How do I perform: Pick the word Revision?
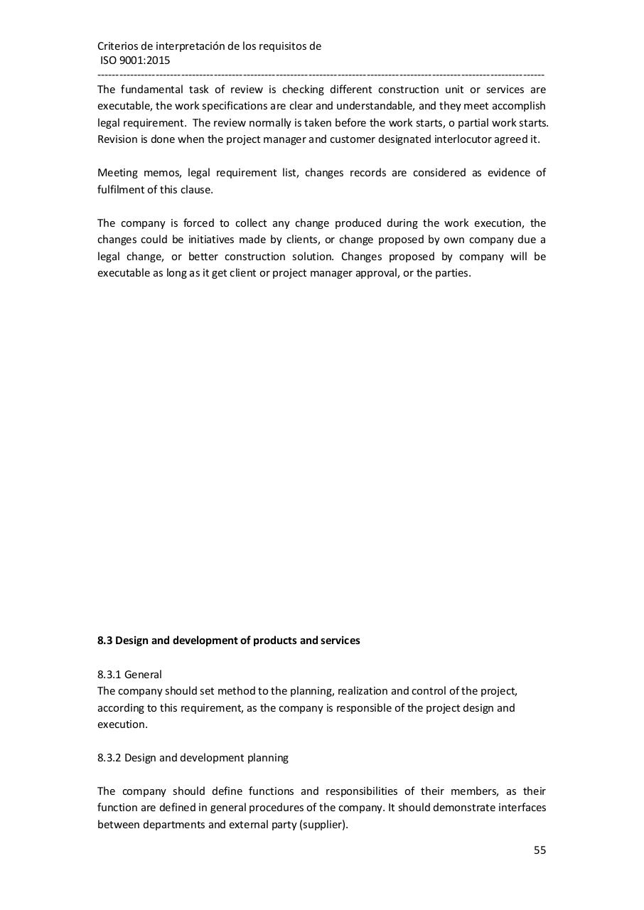point(117,139)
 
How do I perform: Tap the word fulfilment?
point(119,190)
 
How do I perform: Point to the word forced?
point(198,223)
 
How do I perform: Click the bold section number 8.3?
point(104,641)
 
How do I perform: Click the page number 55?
point(540,850)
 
